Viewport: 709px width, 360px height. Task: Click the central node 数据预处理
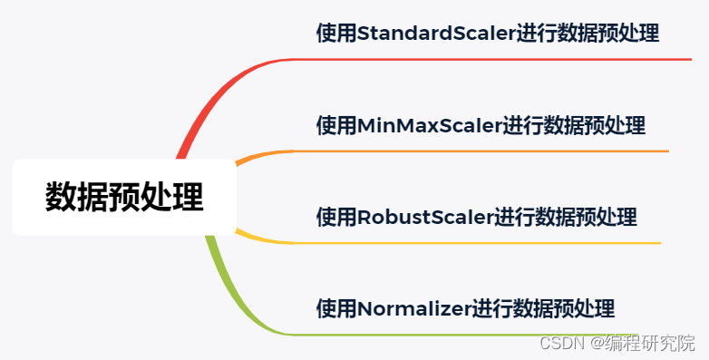pyautogui.click(x=124, y=197)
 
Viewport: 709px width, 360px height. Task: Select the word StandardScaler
pyautogui.click(x=437, y=34)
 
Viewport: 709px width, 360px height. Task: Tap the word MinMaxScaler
pyautogui.click(x=430, y=125)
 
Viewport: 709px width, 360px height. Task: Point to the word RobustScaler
pyautogui.click(x=425, y=218)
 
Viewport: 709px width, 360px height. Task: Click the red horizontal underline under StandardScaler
pyautogui.click(x=490, y=60)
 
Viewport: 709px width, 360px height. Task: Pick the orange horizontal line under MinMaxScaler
pyautogui.click(x=481, y=151)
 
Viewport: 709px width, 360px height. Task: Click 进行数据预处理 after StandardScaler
pyautogui.click(x=588, y=34)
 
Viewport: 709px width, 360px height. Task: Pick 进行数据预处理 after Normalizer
pyautogui.click(x=543, y=309)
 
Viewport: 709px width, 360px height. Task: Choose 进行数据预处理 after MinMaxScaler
pyautogui.click(x=575, y=125)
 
